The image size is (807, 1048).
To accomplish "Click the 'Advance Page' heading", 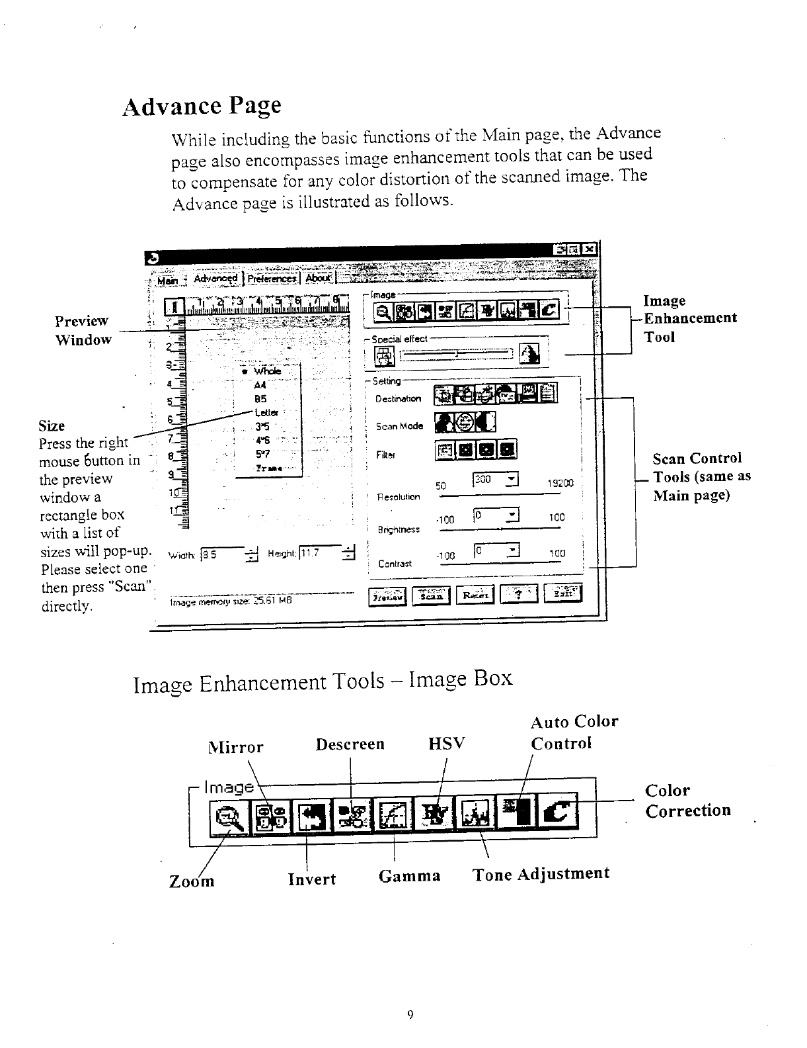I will tap(202, 106).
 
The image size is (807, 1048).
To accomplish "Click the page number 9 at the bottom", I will tap(410, 1015).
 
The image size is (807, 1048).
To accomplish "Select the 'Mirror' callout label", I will tap(236, 748).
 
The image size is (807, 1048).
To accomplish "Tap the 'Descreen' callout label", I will tap(350, 744).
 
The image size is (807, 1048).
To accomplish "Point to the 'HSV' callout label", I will tap(447, 744).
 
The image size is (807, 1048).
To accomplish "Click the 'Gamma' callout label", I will tap(410, 876).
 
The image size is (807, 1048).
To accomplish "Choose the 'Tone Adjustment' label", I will tap(541, 874).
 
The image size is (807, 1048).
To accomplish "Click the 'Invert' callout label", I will tap(312, 879).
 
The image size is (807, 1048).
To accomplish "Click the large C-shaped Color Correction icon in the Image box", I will tap(558, 812).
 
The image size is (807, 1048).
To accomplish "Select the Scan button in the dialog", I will tap(431, 595).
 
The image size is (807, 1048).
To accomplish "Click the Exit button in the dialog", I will tap(562, 595).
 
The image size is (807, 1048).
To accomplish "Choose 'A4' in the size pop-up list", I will tap(260, 385).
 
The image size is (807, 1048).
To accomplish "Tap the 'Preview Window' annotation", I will tap(83, 330).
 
